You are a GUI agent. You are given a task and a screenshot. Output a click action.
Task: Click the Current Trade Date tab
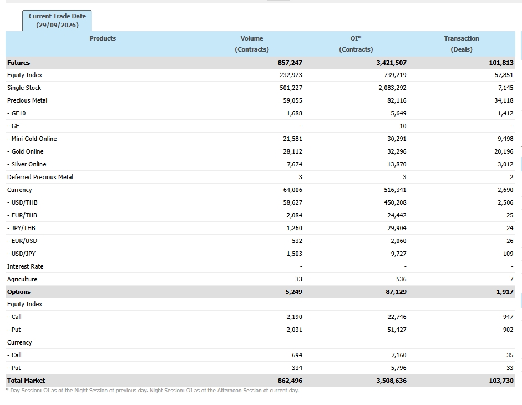point(57,21)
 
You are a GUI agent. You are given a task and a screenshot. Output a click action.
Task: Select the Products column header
point(103,38)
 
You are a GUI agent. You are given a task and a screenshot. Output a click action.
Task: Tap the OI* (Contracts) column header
point(356,44)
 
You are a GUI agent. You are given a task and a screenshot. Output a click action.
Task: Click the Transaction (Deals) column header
point(462,44)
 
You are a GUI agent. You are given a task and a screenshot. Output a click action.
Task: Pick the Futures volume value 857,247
point(290,63)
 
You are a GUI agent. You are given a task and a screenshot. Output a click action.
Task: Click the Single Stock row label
point(24,88)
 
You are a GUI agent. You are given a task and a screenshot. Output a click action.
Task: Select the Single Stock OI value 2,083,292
point(392,88)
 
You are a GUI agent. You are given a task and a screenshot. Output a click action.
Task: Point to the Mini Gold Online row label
point(32,139)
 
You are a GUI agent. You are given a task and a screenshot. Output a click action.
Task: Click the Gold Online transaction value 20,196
point(504,151)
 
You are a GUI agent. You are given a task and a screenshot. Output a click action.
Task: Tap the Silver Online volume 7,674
point(295,164)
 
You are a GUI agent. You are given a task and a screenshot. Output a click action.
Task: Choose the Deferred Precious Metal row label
point(40,177)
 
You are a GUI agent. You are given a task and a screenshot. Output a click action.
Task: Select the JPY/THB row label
point(21,228)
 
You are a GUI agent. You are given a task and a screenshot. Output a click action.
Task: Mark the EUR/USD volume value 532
point(297,241)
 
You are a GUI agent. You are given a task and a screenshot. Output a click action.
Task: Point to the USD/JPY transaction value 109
point(508,254)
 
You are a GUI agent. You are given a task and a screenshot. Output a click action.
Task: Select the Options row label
point(19,292)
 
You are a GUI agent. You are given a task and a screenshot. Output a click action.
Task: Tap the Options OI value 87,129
point(396,292)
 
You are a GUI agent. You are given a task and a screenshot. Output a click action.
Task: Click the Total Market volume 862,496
point(290,381)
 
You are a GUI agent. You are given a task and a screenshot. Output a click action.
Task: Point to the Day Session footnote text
point(152,391)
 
